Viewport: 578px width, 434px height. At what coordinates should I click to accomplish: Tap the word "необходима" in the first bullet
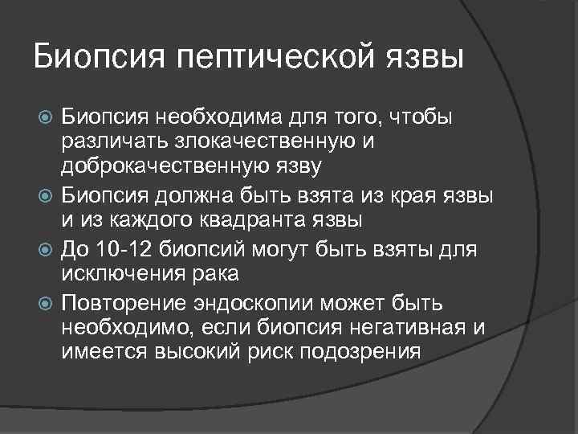(213, 118)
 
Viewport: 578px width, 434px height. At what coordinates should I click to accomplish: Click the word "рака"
(215, 274)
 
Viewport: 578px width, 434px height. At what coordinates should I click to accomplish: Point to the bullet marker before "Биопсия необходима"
(46, 119)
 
